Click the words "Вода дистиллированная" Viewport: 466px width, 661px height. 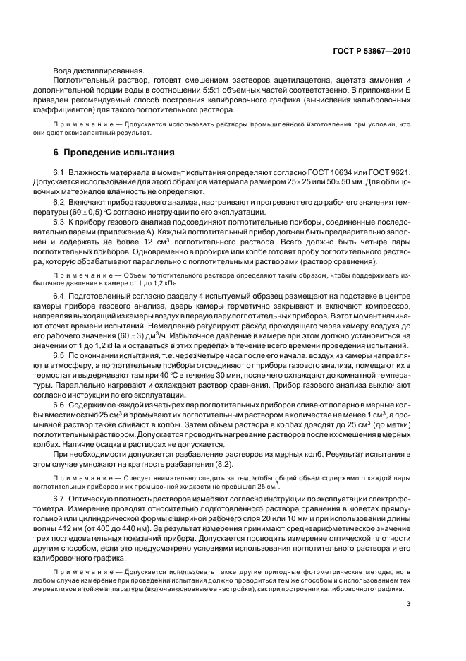click(98, 70)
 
